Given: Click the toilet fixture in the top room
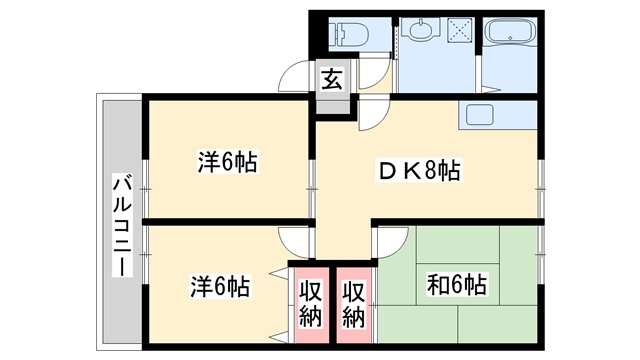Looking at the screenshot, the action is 349,34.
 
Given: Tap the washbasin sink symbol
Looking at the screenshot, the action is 420,30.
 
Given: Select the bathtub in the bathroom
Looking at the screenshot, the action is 509,31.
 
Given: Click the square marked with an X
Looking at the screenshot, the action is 460,30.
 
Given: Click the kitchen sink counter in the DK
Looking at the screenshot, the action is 497,116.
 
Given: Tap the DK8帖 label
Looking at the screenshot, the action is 419,170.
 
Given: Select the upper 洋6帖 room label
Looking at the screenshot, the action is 227,162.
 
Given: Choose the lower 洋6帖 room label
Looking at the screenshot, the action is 220,286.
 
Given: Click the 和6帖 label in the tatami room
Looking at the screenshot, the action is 456,284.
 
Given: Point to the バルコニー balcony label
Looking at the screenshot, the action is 123,226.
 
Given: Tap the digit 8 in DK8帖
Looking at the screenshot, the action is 431,170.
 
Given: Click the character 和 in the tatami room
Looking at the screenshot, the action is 437,284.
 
